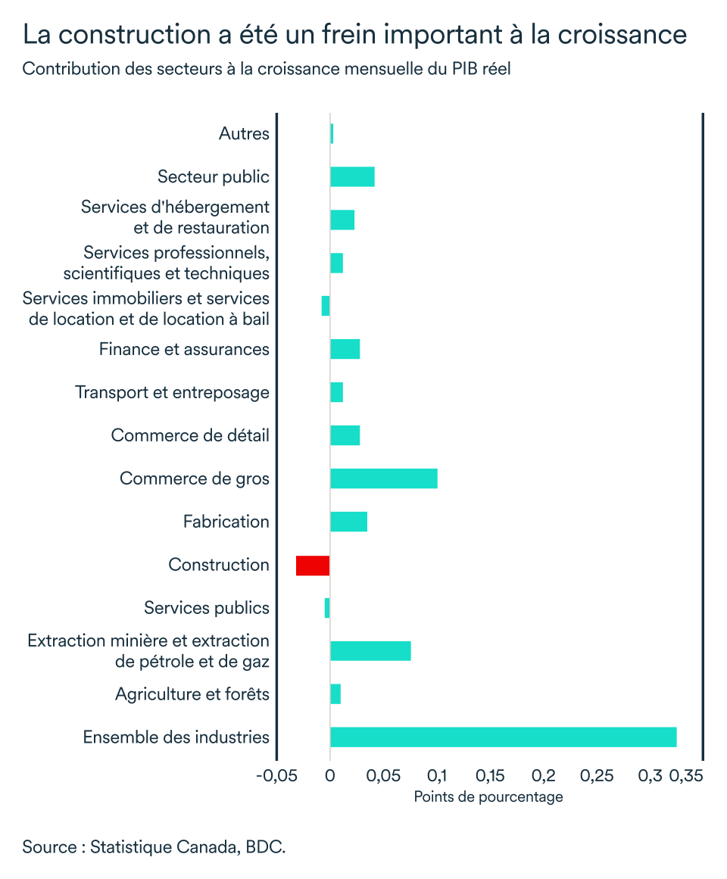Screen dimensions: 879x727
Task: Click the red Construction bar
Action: [x=313, y=566]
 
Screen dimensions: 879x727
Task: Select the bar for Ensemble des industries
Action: [x=503, y=737]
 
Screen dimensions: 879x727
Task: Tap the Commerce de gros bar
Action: [x=384, y=478]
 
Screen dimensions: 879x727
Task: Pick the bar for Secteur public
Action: [x=352, y=176]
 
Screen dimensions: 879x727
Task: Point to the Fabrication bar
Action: [x=348, y=522]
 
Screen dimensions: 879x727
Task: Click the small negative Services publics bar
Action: [x=327, y=608]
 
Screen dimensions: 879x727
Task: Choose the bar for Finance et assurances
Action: [x=345, y=349]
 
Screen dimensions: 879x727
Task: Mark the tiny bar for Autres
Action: [x=332, y=133]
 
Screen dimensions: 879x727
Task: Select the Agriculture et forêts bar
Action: [x=335, y=694]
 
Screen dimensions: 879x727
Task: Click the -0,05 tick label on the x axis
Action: [x=277, y=776]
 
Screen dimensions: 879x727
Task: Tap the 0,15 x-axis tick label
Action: [x=491, y=776]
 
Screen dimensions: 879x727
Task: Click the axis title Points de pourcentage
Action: [x=488, y=797]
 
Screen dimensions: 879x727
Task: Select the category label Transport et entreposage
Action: [x=172, y=392]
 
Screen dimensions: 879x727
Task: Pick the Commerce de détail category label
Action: [x=190, y=435]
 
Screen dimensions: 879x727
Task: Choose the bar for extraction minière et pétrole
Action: [x=370, y=651]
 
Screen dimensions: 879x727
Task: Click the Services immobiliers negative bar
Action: [x=326, y=306]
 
